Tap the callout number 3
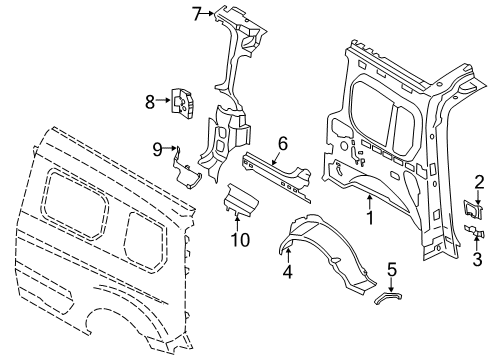[479, 258]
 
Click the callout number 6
[283, 144]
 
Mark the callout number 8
[150, 100]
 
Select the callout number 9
[157, 150]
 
